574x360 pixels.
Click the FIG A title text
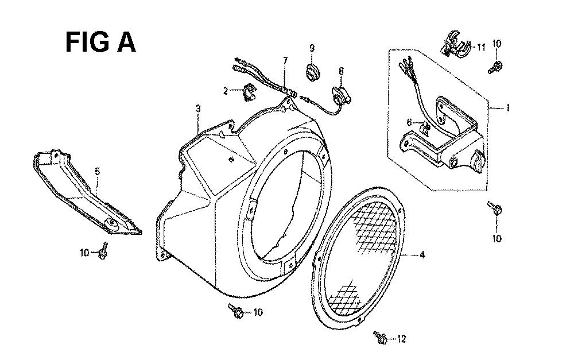click(100, 42)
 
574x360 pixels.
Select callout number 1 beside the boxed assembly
click(508, 108)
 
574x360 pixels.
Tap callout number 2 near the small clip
click(226, 90)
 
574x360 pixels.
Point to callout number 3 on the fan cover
click(198, 109)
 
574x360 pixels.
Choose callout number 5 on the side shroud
click(97, 171)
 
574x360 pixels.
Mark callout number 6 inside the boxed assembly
click(409, 122)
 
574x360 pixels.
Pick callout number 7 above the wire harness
click(285, 60)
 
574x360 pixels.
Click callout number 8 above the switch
click(341, 71)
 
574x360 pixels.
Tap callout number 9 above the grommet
click(312, 48)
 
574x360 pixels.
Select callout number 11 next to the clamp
click(480, 47)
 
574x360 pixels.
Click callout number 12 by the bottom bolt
click(402, 339)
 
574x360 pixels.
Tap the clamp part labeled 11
click(454, 44)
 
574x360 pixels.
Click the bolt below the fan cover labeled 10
click(236, 311)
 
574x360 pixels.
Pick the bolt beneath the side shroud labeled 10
click(103, 250)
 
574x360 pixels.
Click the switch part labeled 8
click(341, 95)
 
